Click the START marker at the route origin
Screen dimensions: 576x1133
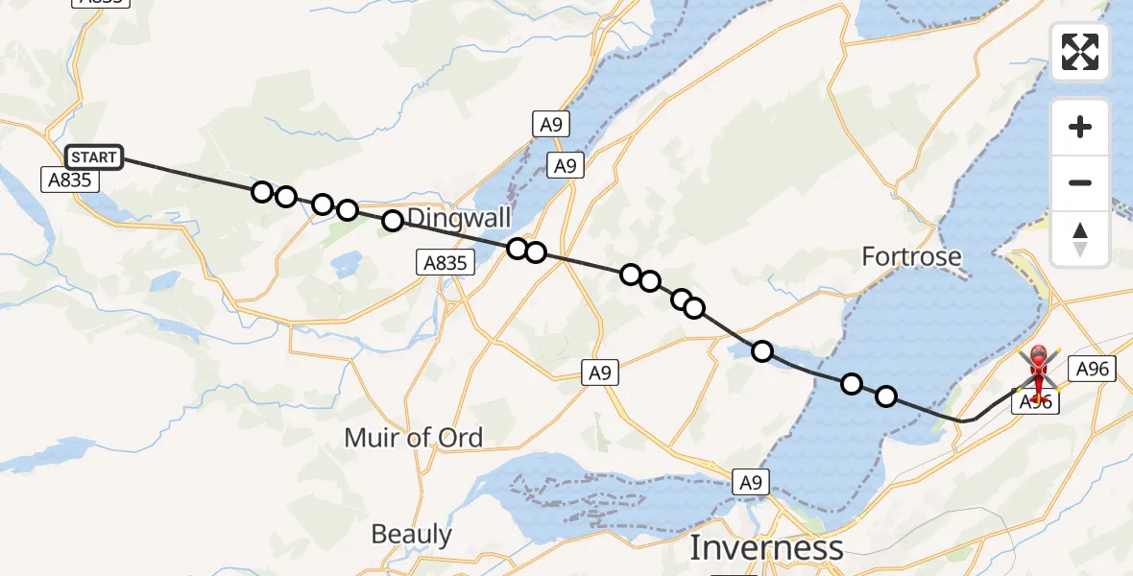coord(94,156)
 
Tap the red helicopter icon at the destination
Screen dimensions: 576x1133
coord(1039,370)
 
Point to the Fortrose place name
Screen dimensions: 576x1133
coord(911,256)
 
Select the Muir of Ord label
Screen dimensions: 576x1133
coord(414,438)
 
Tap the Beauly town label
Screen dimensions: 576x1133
coord(411,534)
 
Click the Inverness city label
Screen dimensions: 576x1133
coord(766,548)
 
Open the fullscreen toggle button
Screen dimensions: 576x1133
coord(1080,52)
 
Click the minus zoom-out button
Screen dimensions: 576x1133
coord(1080,182)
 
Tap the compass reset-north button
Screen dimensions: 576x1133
coord(1080,238)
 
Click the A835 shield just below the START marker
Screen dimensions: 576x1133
coord(69,179)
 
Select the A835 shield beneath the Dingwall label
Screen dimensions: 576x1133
coord(446,262)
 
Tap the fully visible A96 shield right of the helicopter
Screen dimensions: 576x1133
coord(1093,369)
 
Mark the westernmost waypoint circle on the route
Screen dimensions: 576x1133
coord(261,192)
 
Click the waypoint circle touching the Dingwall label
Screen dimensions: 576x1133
coord(392,221)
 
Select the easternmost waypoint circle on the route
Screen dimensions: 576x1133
coord(885,396)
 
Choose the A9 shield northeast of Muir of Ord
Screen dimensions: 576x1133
coord(600,372)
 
